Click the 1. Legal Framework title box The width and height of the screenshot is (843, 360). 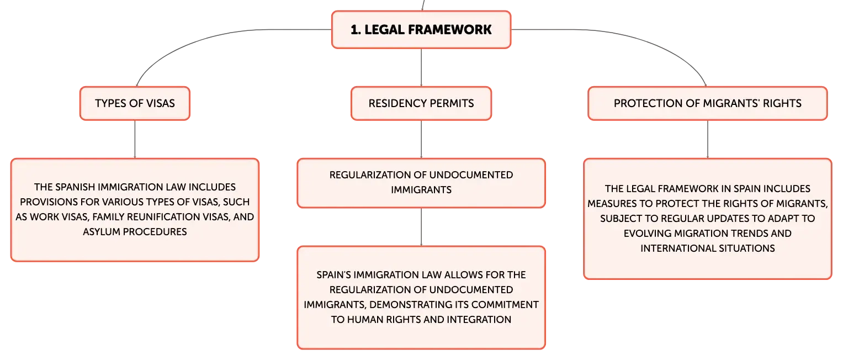pos(421,29)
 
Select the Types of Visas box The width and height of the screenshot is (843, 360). pos(135,103)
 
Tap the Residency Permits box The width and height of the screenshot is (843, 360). pos(421,103)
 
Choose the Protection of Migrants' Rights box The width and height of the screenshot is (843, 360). pos(708,103)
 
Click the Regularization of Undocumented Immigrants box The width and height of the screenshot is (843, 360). pos(421,183)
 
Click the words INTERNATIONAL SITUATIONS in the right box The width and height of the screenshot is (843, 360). pos(708,248)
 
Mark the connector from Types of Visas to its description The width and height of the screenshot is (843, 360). pos(135,139)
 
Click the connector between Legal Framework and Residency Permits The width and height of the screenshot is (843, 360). pos(421,67)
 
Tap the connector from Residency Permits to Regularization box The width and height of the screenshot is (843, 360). pos(421,139)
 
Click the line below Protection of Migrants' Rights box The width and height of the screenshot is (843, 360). pos(708,139)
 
